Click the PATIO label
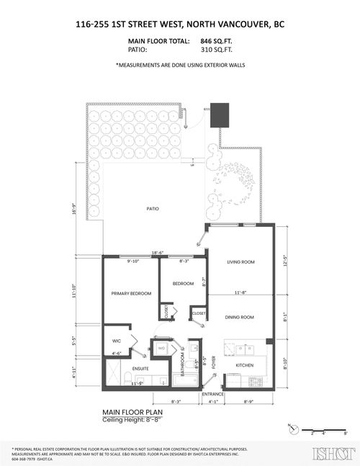tap(151, 209)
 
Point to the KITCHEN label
tap(246, 366)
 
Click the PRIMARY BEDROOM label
tap(130, 294)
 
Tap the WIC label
tap(116, 341)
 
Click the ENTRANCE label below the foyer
tap(212, 394)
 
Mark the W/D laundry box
tap(161, 348)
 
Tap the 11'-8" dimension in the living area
tap(240, 292)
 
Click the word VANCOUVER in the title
tap(242, 24)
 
